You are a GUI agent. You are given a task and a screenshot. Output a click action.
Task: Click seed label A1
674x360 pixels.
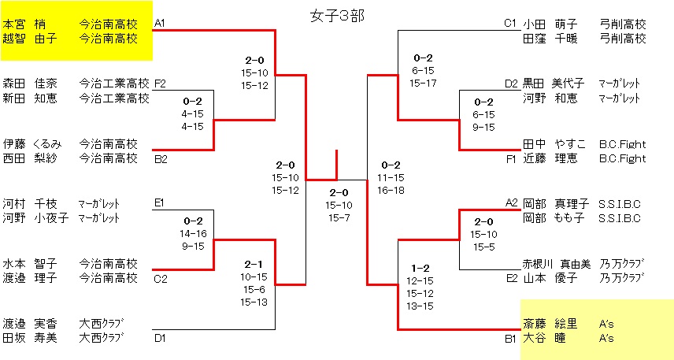(x=160, y=23)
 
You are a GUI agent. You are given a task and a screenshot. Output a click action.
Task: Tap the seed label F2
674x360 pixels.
(x=160, y=84)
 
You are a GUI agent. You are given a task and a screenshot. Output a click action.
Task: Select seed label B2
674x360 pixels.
(x=160, y=158)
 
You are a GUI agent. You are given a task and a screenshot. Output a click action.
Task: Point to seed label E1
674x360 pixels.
(x=160, y=203)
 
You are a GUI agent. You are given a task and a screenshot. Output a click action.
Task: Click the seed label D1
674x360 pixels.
(x=160, y=338)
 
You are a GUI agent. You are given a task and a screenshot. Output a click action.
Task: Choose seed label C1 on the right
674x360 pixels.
(x=510, y=23)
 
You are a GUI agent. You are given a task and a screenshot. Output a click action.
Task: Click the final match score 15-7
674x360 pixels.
(x=339, y=217)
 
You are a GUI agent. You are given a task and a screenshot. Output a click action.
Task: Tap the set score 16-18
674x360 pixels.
(x=391, y=190)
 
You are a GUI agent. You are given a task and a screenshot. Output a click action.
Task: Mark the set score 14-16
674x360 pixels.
(x=193, y=234)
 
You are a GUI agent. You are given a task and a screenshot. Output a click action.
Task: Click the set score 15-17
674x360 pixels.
(x=423, y=82)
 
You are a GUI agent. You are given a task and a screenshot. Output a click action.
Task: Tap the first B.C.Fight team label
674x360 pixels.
(x=622, y=143)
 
